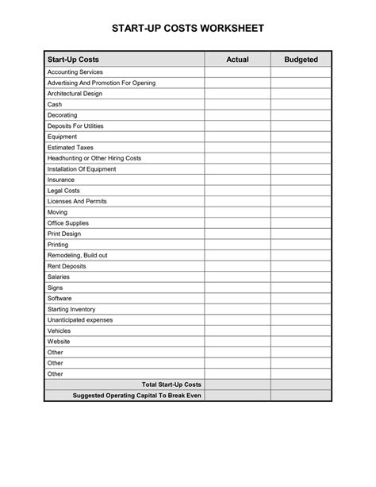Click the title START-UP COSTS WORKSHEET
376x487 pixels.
coord(188,28)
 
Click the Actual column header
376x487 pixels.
coord(237,60)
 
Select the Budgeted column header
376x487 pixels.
coord(301,60)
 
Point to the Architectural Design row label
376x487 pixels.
coord(75,93)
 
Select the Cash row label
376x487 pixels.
coord(55,104)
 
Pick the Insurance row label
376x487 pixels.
coord(63,180)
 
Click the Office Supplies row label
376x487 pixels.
coord(70,223)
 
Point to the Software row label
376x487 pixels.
coord(60,299)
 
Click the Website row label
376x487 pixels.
coord(59,342)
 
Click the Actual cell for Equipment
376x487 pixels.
coord(237,137)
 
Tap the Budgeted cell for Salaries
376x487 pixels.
coord(301,276)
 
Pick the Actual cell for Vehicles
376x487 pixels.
coord(237,330)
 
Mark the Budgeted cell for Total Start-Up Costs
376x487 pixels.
coord(301,385)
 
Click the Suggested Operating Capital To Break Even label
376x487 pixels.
coord(136,396)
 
